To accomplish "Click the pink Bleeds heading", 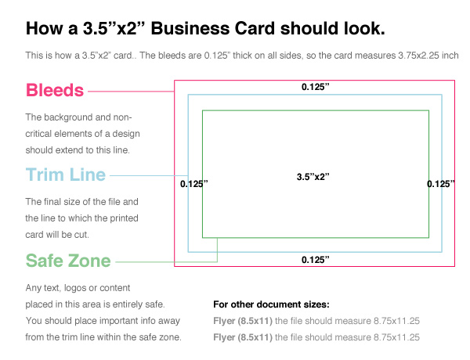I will pos(55,90).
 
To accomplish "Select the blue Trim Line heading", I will pos(65,175).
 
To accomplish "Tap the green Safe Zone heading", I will pos(67,260).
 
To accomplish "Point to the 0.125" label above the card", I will pos(315,87).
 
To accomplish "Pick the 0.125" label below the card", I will pos(315,258).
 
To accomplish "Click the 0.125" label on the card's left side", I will pos(194,184).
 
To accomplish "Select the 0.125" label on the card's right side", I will pos(441,184).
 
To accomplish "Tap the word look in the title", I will pos(360,29).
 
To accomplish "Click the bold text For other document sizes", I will pos(271,304).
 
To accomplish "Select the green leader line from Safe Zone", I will pos(164,260).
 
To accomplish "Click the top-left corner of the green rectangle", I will pos(203,111).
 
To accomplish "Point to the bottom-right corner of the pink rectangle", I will pos(455,267).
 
